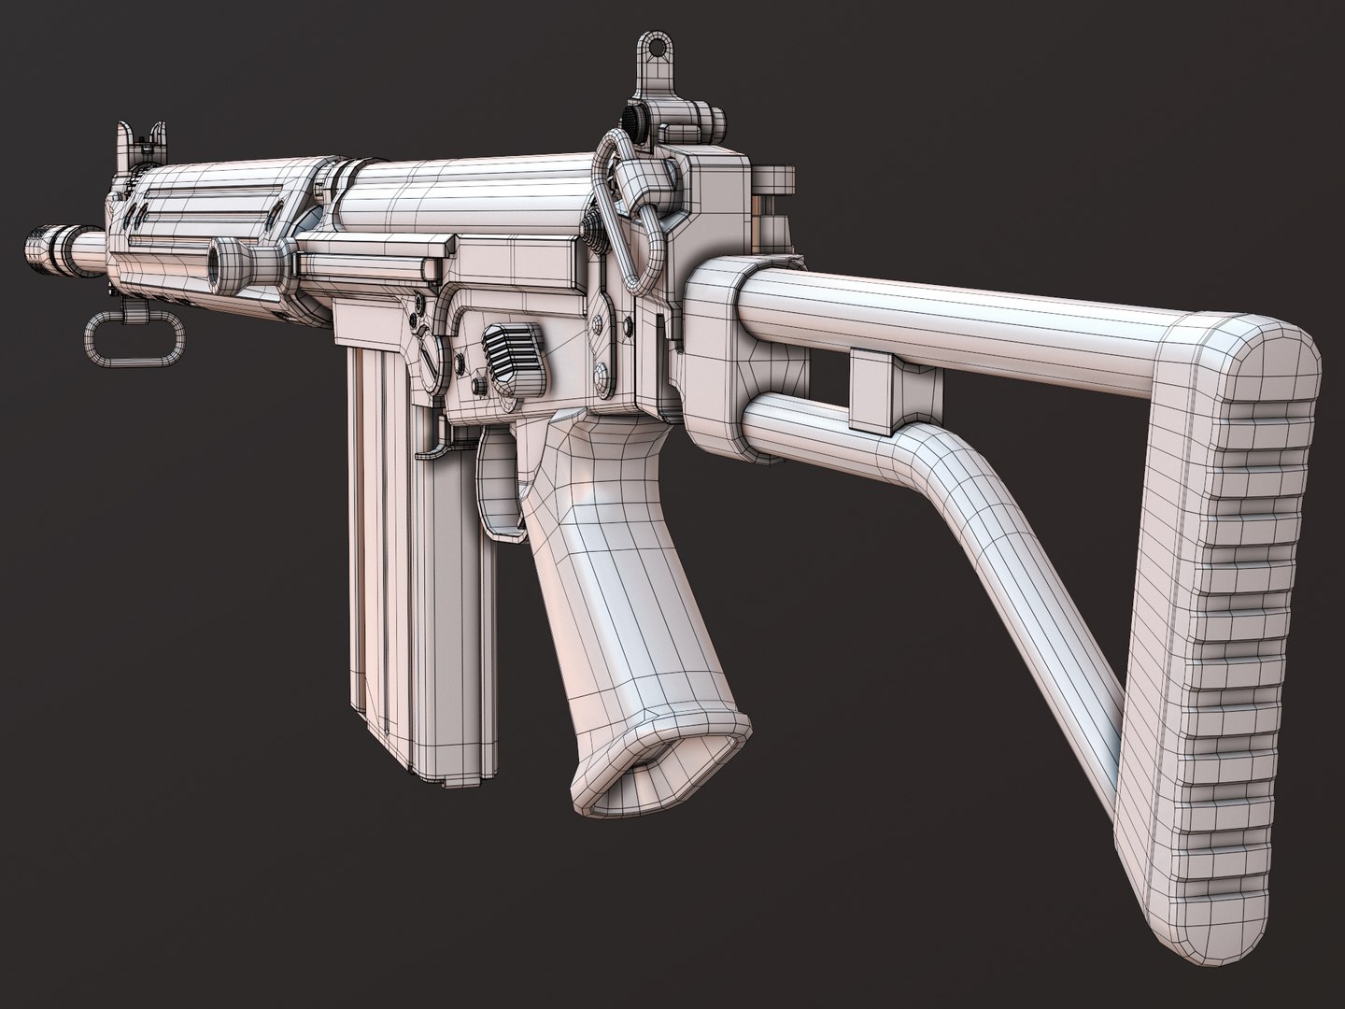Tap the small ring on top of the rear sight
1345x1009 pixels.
pos(650,48)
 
